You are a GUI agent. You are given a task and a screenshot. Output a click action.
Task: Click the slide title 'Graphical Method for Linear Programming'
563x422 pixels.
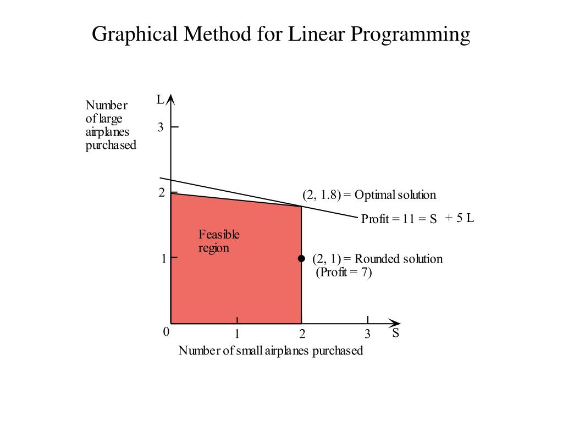(x=281, y=34)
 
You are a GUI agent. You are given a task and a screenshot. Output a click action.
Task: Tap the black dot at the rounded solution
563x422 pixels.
(x=301, y=259)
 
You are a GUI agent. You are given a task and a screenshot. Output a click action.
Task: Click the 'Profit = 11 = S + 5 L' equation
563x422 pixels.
(x=417, y=219)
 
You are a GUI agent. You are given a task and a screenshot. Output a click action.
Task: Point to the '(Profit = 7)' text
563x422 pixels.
(x=344, y=273)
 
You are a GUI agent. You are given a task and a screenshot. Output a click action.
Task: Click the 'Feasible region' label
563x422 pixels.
(x=219, y=241)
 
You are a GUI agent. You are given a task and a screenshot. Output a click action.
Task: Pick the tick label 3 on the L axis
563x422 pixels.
(x=161, y=127)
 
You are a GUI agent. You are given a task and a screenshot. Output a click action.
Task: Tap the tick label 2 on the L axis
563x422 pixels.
(x=162, y=193)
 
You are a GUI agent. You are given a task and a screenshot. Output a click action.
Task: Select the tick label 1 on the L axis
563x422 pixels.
(x=164, y=259)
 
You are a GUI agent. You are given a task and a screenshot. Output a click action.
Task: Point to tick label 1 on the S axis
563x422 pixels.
(x=237, y=334)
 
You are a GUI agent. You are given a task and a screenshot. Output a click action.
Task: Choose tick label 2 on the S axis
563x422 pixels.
(x=302, y=334)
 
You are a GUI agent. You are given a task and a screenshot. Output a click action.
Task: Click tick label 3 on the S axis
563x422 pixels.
(x=368, y=334)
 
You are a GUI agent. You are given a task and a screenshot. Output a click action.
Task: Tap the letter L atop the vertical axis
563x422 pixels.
(x=160, y=100)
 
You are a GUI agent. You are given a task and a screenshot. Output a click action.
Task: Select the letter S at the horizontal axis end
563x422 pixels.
(x=395, y=334)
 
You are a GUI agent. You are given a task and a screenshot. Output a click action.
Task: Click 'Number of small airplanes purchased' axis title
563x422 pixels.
(x=271, y=351)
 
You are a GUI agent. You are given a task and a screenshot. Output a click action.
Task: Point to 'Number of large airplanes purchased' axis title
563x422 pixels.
(x=110, y=125)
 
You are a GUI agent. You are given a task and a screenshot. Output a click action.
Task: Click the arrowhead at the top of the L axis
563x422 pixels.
(x=171, y=99)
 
